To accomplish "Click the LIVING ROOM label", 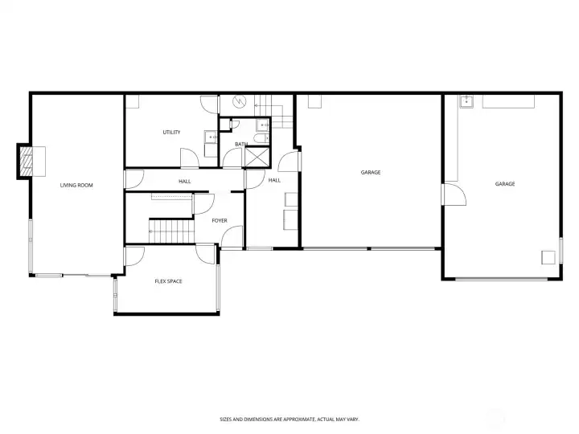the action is (76, 186).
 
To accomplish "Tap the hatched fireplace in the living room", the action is (27, 162).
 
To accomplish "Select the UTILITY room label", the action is (172, 132).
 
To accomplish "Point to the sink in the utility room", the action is (211, 137).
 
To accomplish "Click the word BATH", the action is (241, 144).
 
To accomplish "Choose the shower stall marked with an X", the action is (257, 157).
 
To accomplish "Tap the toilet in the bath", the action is (262, 138).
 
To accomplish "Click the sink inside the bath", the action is (263, 125).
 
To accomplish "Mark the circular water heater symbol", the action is (239, 100).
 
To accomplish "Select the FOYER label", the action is (220, 221).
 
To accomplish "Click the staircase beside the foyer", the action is (172, 231).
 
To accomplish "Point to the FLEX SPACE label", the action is (168, 281).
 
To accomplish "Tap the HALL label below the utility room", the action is (185, 181).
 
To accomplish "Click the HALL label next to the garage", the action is (274, 180).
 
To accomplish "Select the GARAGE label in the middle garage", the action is (371, 172).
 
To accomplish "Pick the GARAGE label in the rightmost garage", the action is (505, 184).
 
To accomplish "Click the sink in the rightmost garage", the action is (466, 101).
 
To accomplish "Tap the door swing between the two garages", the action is (454, 194).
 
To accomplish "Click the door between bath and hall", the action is (232, 158).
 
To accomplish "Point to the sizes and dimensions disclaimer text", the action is (289, 420).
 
